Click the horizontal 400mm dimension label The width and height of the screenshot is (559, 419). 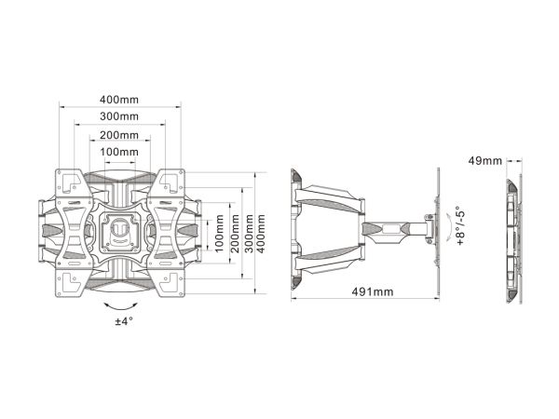pyautogui.click(x=119, y=100)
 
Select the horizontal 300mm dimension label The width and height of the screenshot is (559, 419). pyautogui.click(x=119, y=116)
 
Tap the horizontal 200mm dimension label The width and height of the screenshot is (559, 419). pyautogui.click(x=119, y=135)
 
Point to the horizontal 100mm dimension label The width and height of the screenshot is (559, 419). pyautogui.click(x=119, y=152)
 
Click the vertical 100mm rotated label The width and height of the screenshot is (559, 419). pyautogui.click(x=220, y=234)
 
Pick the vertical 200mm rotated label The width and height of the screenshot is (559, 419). pyautogui.click(x=236, y=234)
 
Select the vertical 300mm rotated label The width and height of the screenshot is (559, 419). pyautogui.click(x=249, y=234)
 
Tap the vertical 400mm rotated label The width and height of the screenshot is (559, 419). pyautogui.click(x=261, y=234)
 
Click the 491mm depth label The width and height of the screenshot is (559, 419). pyautogui.click(x=373, y=292)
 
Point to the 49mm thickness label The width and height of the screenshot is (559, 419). pyautogui.click(x=484, y=161)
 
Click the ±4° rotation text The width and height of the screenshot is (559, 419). pyautogui.click(x=124, y=321)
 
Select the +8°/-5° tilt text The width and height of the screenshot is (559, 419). pyautogui.click(x=461, y=225)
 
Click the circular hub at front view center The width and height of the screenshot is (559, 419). pyautogui.click(x=120, y=228)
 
